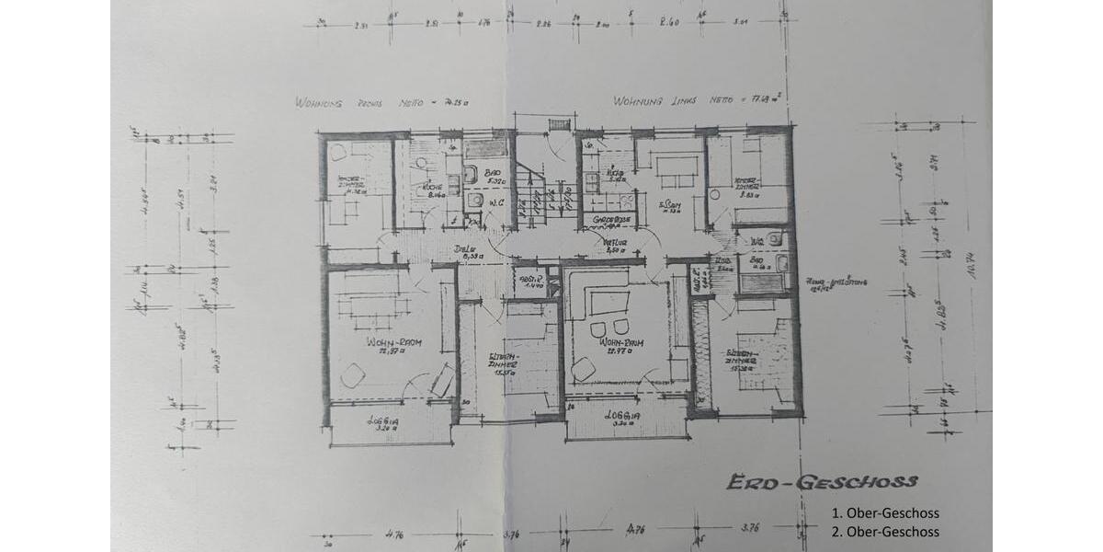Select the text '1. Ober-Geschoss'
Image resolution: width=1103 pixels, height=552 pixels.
[885, 513]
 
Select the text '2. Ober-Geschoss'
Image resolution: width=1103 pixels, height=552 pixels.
[885, 532]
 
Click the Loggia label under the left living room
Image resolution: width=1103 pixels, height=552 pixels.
[386, 422]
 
